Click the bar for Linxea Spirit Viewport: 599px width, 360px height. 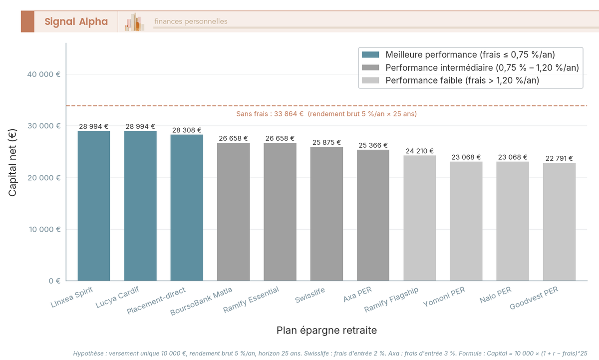(94, 206)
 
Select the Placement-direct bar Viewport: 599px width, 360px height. (187, 208)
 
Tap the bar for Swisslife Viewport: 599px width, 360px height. (326, 214)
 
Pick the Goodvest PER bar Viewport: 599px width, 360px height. (559, 222)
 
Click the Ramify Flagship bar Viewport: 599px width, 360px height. (419, 218)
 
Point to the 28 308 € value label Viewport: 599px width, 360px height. (187, 130)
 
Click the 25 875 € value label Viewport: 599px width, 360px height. (326, 142)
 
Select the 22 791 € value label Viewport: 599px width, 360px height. (559, 158)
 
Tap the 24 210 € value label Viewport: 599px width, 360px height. (419, 151)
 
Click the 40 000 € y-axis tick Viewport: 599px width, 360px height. (44, 74)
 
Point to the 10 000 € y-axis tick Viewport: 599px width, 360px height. (44, 229)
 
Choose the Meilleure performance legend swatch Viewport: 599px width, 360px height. (370, 54)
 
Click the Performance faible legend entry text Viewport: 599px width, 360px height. (462, 80)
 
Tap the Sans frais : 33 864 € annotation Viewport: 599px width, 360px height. (326, 114)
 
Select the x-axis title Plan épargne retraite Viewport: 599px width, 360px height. (326, 331)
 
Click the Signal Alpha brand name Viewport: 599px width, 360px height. (76, 21)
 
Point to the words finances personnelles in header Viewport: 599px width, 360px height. (191, 21)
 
